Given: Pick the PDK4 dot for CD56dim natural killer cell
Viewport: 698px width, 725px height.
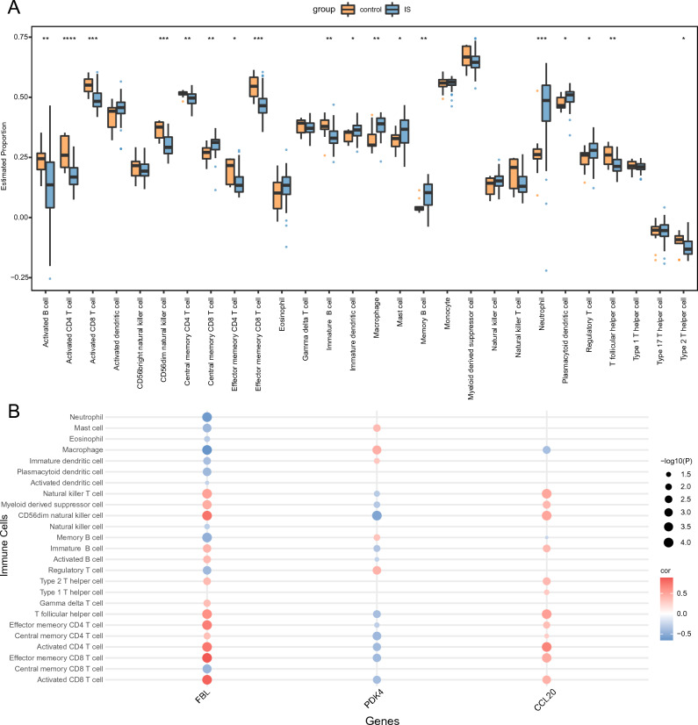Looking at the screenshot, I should pyautogui.click(x=376, y=517).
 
